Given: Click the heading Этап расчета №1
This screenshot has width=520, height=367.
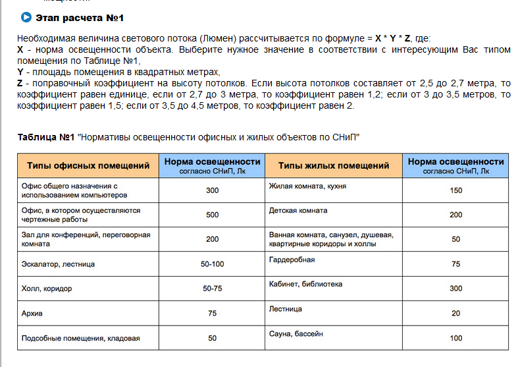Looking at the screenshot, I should click(80, 17).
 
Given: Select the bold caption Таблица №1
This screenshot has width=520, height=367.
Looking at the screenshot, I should click(45, 137).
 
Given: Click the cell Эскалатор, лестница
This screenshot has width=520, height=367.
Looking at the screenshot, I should click(59, 264).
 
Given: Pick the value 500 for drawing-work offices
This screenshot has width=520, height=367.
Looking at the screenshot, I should click(212, 215).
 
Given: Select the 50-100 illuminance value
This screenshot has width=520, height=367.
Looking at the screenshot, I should click(212, 264).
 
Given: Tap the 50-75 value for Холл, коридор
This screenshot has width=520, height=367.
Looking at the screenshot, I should click(212, 289).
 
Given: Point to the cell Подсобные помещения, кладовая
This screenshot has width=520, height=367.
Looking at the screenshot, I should click(81, 338).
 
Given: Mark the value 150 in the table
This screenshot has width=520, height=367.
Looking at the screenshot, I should click(455, 190).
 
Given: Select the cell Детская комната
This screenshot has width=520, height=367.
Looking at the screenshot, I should click(298, 211).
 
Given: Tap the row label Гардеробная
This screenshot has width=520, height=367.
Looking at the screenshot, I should click(292, 260).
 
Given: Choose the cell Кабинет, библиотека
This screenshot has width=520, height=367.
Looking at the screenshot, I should click(305, 284).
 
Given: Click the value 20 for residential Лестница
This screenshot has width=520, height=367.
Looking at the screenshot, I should click(455, 313).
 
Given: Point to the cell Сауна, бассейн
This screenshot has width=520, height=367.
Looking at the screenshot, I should click(296, 333).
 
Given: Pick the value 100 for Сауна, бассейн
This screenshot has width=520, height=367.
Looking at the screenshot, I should click(455, 338).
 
